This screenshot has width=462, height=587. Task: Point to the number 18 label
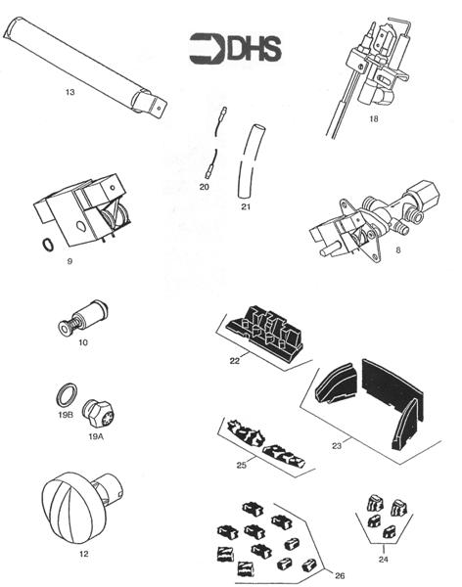click(373, 118)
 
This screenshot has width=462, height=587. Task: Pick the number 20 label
click(204, 186)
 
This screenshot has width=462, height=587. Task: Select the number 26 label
click(339, 573)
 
